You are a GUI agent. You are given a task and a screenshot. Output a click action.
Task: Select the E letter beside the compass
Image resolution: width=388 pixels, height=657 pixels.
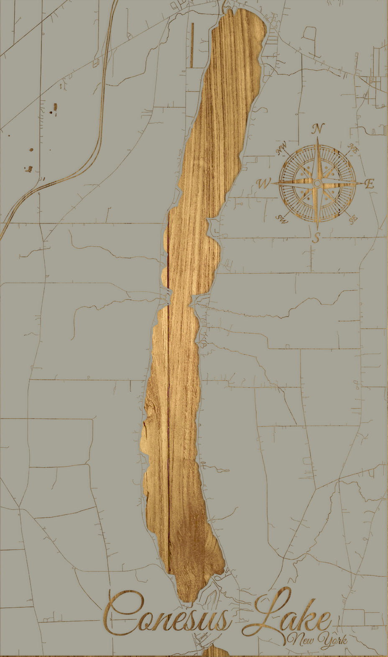click(x=369, y=184)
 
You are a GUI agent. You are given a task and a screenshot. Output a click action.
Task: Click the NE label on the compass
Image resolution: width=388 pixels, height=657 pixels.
click(x=353, y=148)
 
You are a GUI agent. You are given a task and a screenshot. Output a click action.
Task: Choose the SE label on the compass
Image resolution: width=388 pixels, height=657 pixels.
click(x=353, y=218)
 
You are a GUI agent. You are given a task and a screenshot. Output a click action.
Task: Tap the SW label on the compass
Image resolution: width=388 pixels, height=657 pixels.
click(x=282, y=219)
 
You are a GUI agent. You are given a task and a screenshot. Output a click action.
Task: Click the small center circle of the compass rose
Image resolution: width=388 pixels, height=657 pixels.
click(x=317, y=183)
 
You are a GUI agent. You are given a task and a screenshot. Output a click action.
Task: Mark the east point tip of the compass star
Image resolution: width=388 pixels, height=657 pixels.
click(x=362, y=183)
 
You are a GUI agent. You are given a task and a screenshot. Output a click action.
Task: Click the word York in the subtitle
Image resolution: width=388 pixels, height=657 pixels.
click(x=332, y=640)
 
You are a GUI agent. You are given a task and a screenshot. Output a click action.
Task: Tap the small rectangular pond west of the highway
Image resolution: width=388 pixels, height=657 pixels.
click(x=55, y=108)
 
